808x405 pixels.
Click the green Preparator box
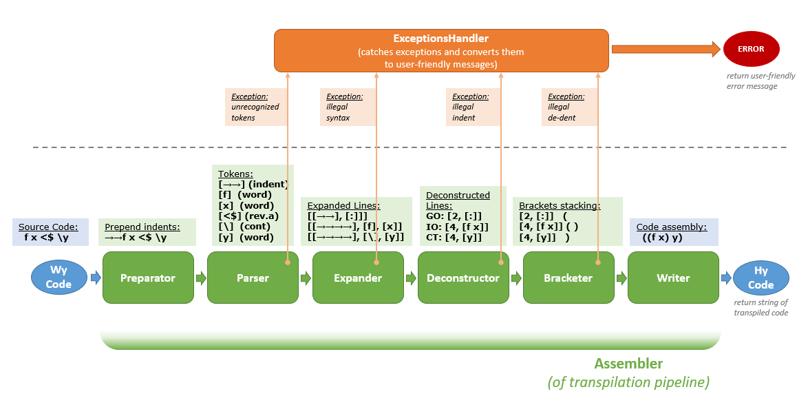148,278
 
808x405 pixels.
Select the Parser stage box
253,278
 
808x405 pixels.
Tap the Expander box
358,278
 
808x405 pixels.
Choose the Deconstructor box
463,278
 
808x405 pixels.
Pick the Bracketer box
568,278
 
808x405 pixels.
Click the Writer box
673,278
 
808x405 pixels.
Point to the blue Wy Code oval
59,278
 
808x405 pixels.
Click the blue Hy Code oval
761,278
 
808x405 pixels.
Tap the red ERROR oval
752,49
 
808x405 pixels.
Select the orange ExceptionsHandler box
441,50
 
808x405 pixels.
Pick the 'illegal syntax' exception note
347,107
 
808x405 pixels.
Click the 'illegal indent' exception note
473,107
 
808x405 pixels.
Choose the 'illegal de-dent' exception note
568,107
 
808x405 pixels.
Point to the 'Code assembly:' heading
671,227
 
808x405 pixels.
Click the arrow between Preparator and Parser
201,278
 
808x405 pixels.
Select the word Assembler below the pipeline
628,364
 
